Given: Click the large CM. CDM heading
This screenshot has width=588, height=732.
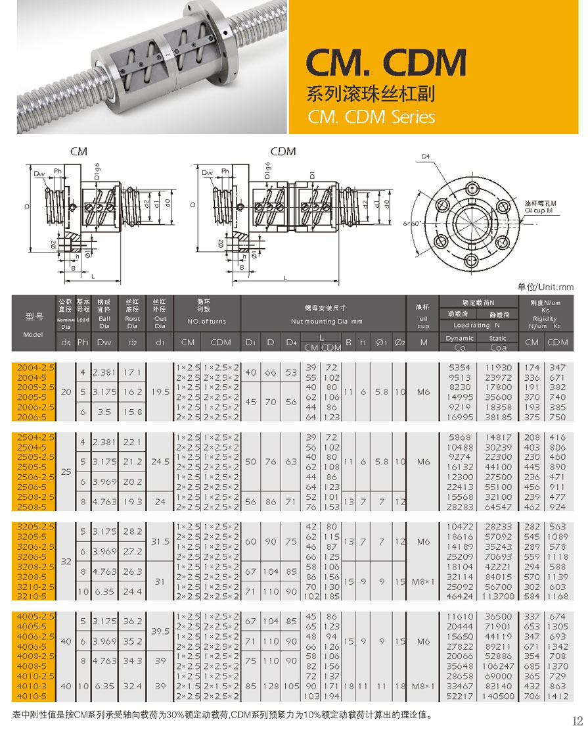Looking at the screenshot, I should [386, 63].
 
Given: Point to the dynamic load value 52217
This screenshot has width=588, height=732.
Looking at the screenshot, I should [460, 696].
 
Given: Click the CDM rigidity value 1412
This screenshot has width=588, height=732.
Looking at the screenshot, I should [558, 696].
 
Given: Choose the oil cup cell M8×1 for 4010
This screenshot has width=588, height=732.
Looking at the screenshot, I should [423, 686].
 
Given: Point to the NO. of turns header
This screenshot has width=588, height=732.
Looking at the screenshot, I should [207, 322].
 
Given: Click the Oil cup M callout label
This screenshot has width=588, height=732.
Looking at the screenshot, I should [541, 207].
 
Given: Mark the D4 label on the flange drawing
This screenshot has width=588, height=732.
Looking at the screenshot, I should [424, 157].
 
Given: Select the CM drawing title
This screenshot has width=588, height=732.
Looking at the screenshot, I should [79, 151].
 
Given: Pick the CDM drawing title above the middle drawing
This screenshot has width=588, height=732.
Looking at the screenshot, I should [283, 151].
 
